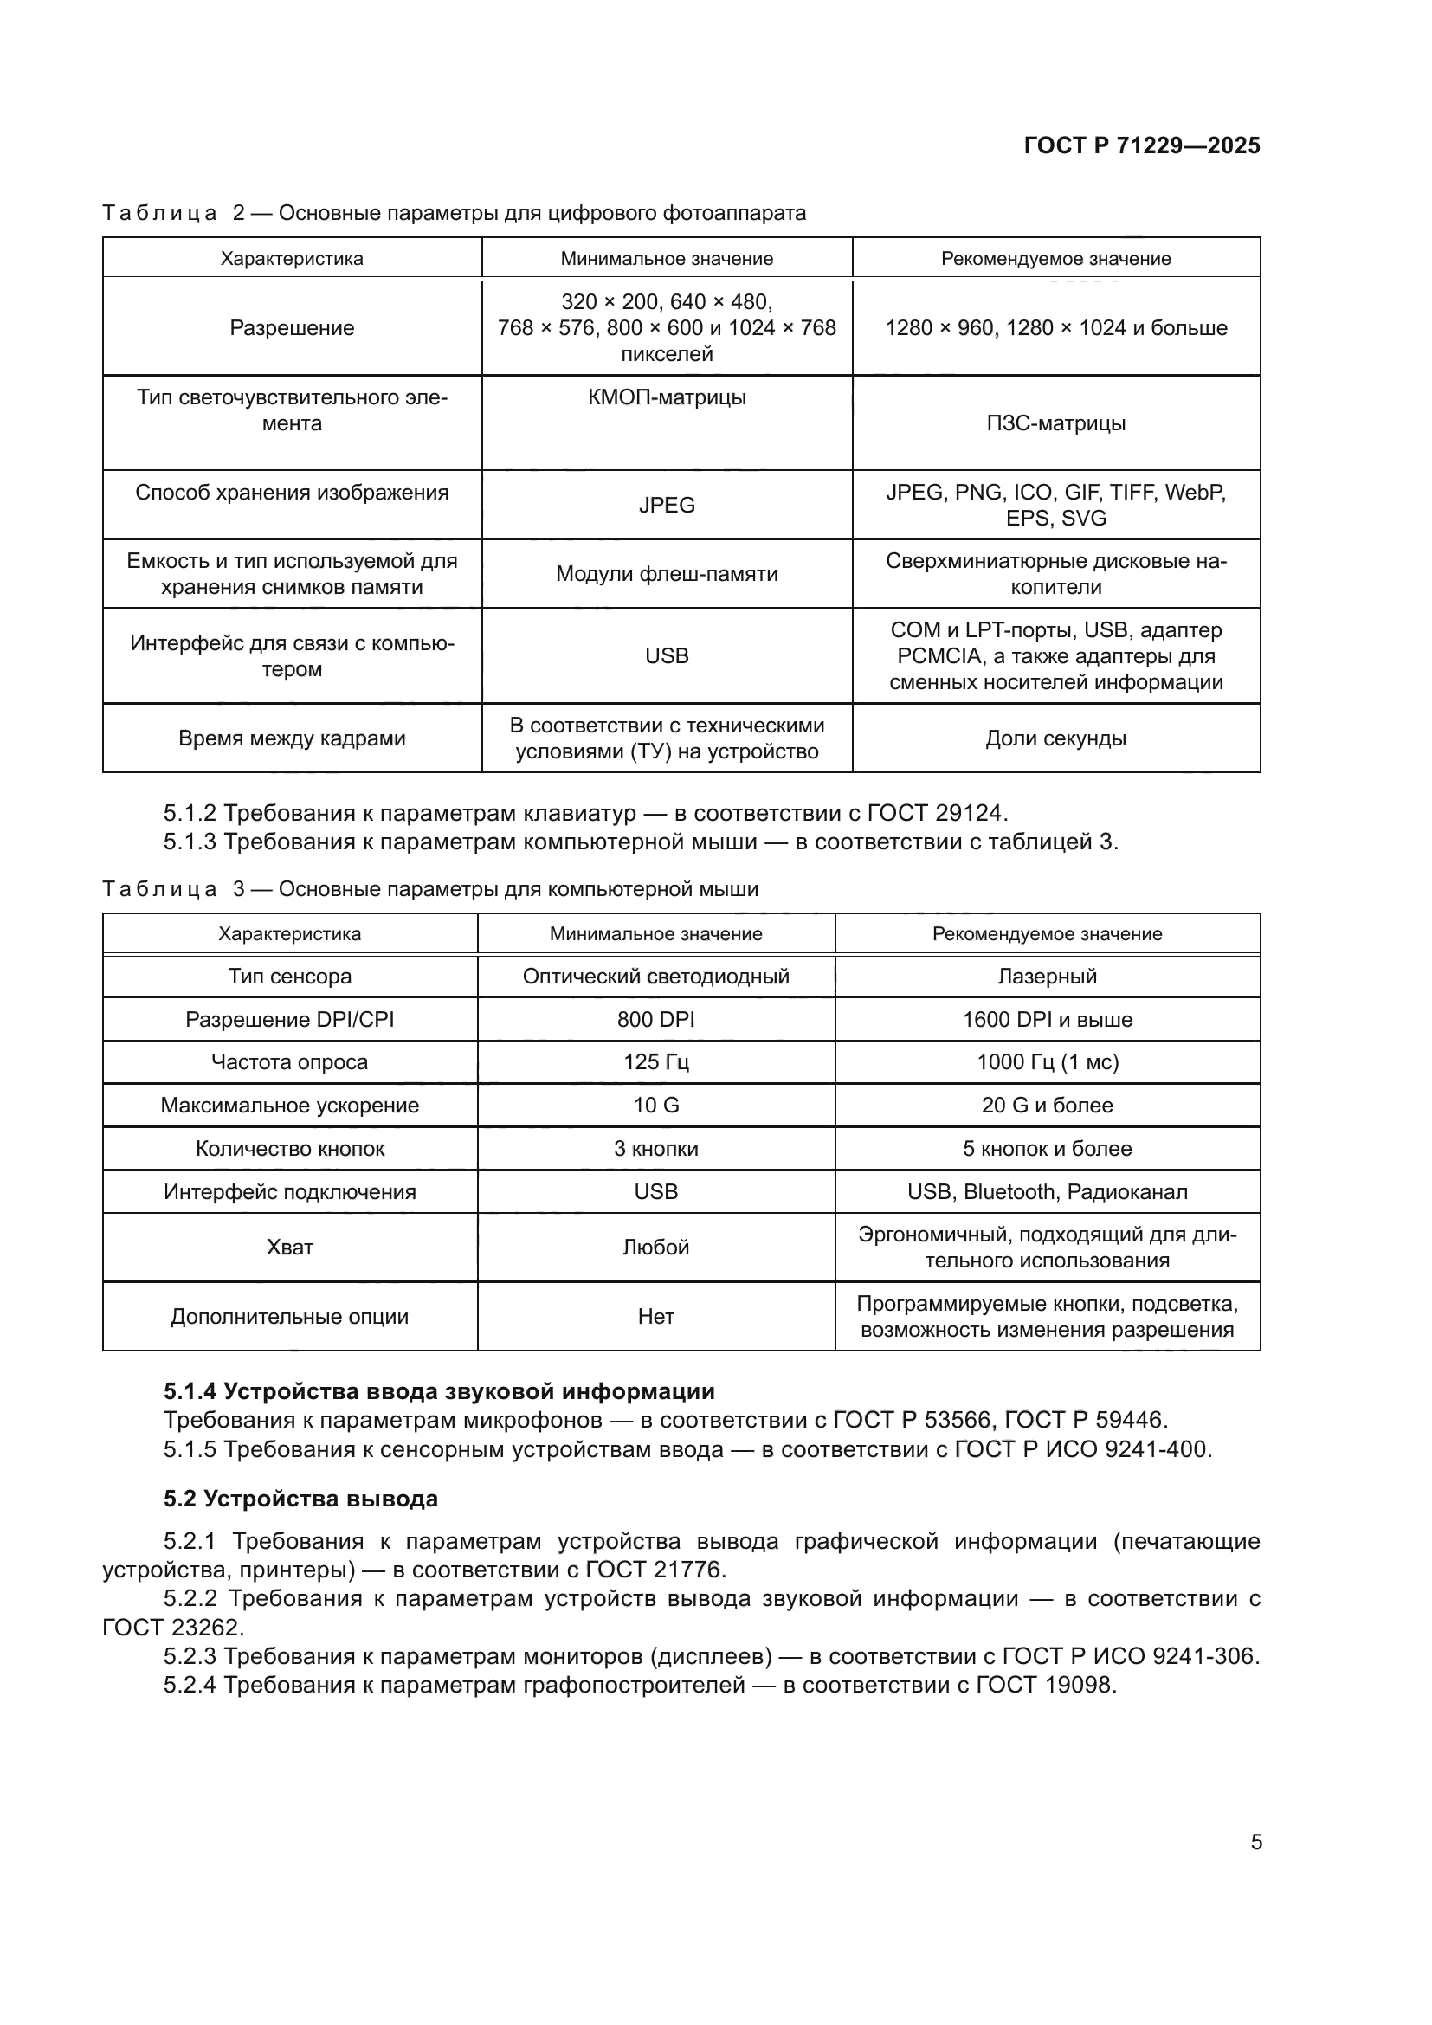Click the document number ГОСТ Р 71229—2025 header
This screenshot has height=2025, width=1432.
tap(1142, 145)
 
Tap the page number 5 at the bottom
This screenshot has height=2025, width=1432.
tap(1256, 1841)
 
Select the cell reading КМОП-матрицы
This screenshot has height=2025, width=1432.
tap(667, 397)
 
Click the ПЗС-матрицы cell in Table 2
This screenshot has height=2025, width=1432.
tap(1055, 423)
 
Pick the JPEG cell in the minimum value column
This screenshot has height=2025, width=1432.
tap(667, 506)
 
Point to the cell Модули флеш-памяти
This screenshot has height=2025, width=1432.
tap(667, 574)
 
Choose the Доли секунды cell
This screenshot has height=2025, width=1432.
tap(1055, 738)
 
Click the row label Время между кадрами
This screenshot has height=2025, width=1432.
tap(292, 738)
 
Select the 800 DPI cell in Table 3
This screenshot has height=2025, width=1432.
tap(656, 1020)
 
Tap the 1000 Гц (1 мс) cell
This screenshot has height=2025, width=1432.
tap(1048, 1062)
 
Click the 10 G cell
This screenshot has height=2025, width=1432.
tap(656, 1105)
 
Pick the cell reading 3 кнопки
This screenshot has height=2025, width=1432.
tap(656, 1148)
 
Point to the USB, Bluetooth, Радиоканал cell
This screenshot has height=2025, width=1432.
tap(1048, 1191)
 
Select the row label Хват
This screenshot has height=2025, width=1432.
tap(289, 1247)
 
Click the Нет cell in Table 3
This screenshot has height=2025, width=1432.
tap(656, 1317)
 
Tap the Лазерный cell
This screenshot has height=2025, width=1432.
tap(1048, 977)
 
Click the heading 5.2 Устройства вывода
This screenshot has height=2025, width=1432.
tap(300, 1499)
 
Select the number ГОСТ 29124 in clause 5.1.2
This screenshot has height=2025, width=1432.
tap(936, 812)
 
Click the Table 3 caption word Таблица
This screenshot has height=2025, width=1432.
tap(159, 889)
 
